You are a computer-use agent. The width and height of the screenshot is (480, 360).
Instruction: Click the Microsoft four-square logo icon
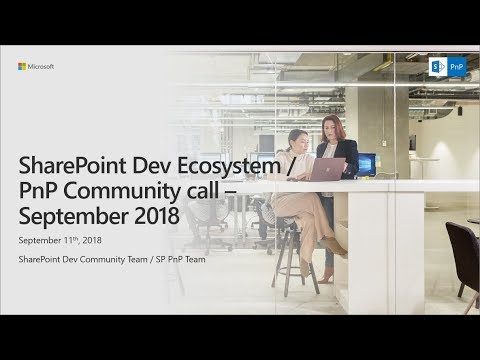coord(22,67)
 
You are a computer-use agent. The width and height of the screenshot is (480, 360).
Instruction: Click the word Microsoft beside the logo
coord(41,67)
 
